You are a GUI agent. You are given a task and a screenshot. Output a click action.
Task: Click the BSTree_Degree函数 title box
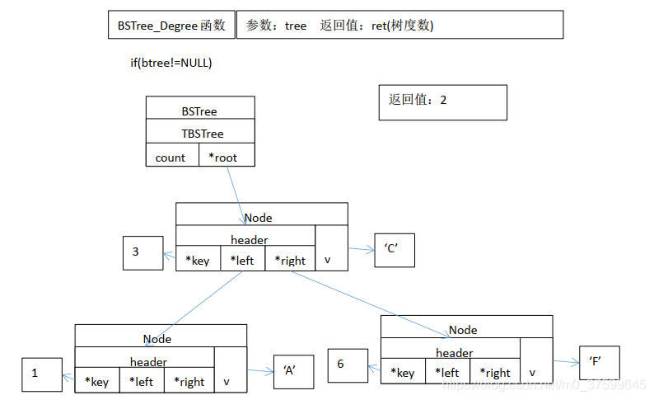[x=171, y=25]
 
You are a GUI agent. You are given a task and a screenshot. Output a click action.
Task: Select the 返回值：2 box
[x=442, y=102]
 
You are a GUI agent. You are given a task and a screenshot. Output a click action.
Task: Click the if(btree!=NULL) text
[x=166, y=63]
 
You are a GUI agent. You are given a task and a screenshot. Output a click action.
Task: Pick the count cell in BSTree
[x=171, y=157]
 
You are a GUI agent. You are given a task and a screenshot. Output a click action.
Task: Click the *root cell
[x=227, y=157]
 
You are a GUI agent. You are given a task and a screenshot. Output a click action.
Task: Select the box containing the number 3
[x=143, y=252]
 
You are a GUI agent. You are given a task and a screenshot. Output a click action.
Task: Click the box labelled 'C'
[x=394, y=251]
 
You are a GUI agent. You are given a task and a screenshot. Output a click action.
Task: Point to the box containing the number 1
[x=42, y=374]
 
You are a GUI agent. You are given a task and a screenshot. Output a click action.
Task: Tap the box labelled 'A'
[x=294, y=370]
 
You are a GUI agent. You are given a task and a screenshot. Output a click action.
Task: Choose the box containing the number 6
[x=347, y=365]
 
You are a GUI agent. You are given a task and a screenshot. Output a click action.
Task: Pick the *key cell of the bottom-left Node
[x=97, y=381]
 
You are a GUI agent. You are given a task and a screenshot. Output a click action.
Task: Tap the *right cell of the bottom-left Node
[x=189, y=381]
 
